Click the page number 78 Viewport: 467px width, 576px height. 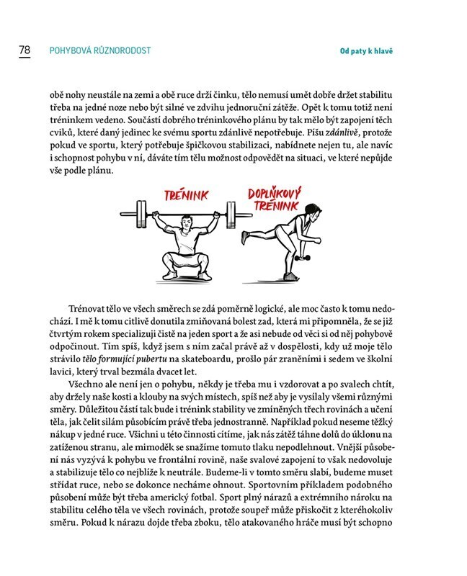pos(24,50)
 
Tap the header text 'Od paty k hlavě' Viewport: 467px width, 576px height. pos(370,51)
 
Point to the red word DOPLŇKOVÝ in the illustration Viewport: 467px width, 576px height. pos(275,194)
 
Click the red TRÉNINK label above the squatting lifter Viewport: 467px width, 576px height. pos(185,194)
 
